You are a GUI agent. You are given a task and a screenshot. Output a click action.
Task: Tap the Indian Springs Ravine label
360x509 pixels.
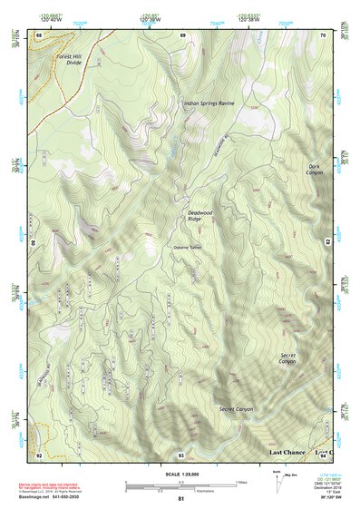pos(209,103)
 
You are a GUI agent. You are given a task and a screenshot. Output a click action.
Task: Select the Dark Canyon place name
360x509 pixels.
pos(314,169)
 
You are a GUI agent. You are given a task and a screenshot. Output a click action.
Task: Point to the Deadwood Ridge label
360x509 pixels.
pos(187,216)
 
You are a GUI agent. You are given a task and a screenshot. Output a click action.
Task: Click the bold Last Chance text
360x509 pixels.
pos(288,451)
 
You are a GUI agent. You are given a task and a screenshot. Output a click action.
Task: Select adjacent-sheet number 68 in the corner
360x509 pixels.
pos(39,34)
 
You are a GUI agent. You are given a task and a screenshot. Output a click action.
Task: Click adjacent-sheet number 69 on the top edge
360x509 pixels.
pos(182,34)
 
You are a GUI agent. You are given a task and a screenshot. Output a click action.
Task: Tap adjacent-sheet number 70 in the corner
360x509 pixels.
pos(323,34)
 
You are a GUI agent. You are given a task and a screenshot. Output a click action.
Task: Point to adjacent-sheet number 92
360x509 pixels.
pos(39,454)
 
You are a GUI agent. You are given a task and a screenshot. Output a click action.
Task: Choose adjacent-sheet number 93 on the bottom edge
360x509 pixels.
pos(180,454)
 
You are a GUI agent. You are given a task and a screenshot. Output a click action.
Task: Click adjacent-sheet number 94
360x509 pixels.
pos(323,454)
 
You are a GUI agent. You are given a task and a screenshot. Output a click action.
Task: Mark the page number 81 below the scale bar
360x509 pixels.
pos(181,499)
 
